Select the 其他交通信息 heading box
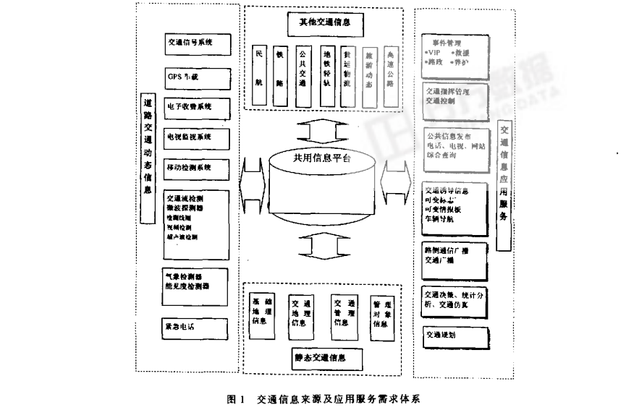click(x=325, y=23)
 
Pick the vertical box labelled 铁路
click(x=281, y=75)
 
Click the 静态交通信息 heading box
click(x=319, y=356)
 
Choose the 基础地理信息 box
click(x=260, y=312)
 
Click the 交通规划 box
click(x=450, y=336)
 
